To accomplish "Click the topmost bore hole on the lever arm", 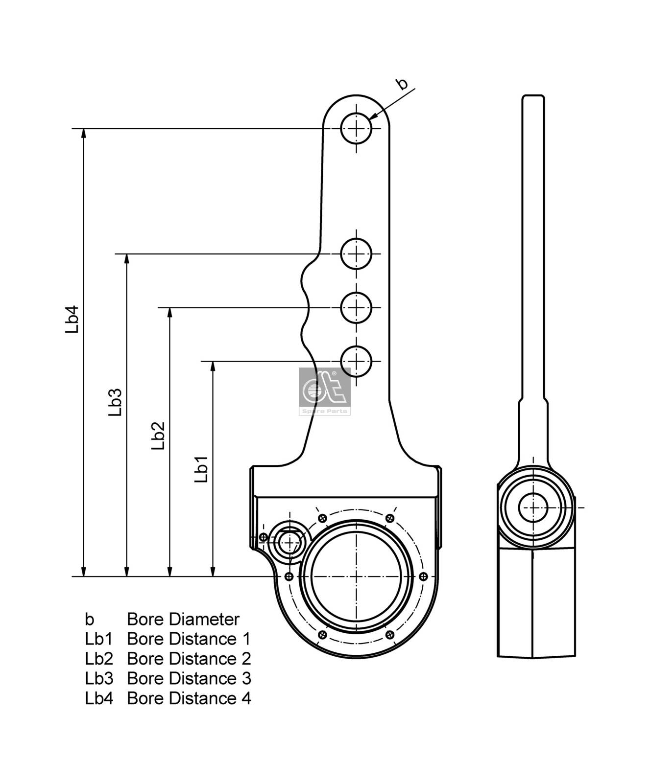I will tap(357, 129).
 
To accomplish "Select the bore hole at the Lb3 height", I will tap(357, 253).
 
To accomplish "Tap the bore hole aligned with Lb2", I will tap(357, 307).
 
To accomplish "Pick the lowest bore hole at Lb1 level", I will tap(357, 361).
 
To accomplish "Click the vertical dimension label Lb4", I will tap(72, 320).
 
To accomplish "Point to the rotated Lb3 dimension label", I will tap(115, 402).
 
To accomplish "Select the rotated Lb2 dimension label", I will tap(158, 436).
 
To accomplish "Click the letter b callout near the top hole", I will tap(402, 84).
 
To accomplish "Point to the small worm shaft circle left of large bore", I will tap(289, 542).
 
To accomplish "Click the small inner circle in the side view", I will tap(533, 507).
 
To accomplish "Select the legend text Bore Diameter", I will tap(183, 619).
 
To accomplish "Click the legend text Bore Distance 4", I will tap(189, 698).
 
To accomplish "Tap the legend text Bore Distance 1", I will tap(189, 639).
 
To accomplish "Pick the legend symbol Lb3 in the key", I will tap(99, 678).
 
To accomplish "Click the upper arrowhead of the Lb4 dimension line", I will tap(84, 133).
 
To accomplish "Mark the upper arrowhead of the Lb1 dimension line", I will tap(213, 366).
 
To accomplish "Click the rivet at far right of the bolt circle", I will tap(424, 576).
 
